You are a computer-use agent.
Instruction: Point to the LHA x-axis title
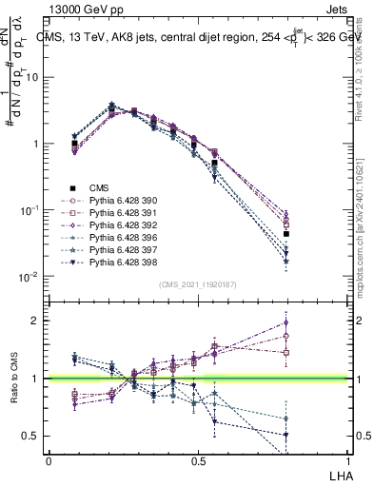pos(340,473)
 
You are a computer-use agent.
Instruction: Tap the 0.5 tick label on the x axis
pos(198,459)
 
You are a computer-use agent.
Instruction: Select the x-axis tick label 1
pos(348,459)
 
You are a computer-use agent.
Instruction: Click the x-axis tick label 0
pos(49,459)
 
